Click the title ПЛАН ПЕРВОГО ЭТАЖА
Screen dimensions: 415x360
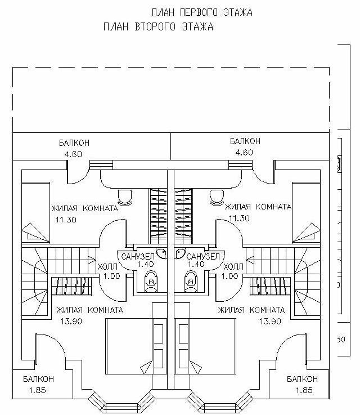[x=202, y=12]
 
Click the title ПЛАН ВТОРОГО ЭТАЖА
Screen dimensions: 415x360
[x=158, y=26]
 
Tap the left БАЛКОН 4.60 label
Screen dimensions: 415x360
[x=74, y=147]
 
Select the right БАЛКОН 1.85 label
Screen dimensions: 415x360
[x=301, y=383]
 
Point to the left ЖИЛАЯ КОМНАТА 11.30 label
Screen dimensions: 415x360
[x=84, y=213]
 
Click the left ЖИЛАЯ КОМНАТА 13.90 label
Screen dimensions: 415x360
[x=89, y=315]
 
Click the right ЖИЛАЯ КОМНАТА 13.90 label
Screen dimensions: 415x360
[x=251, y=315]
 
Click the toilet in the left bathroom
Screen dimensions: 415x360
[x=151, y=280]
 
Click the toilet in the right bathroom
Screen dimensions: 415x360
[x=191, y=280]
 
